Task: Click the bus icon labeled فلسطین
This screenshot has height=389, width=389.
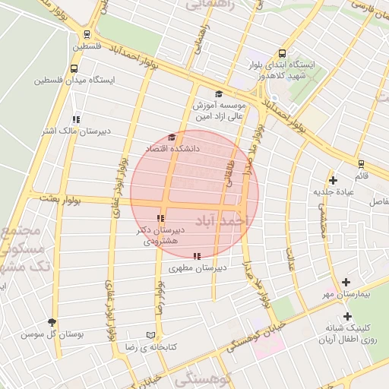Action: point(88,35)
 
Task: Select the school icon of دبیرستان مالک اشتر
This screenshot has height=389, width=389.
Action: point(75,119)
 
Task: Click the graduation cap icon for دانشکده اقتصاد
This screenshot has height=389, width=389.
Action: point(172,138)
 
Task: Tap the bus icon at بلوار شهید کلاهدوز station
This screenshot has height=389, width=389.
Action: point(282,54)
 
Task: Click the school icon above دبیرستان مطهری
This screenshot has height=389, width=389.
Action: point(198,256)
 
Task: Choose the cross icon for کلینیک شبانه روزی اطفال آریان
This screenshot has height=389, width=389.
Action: point(348,316)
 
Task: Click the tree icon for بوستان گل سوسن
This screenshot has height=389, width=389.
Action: point(52,322)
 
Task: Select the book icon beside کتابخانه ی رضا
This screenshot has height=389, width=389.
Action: point(150,335)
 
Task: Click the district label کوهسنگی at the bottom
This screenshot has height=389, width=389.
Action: point(201,378)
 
